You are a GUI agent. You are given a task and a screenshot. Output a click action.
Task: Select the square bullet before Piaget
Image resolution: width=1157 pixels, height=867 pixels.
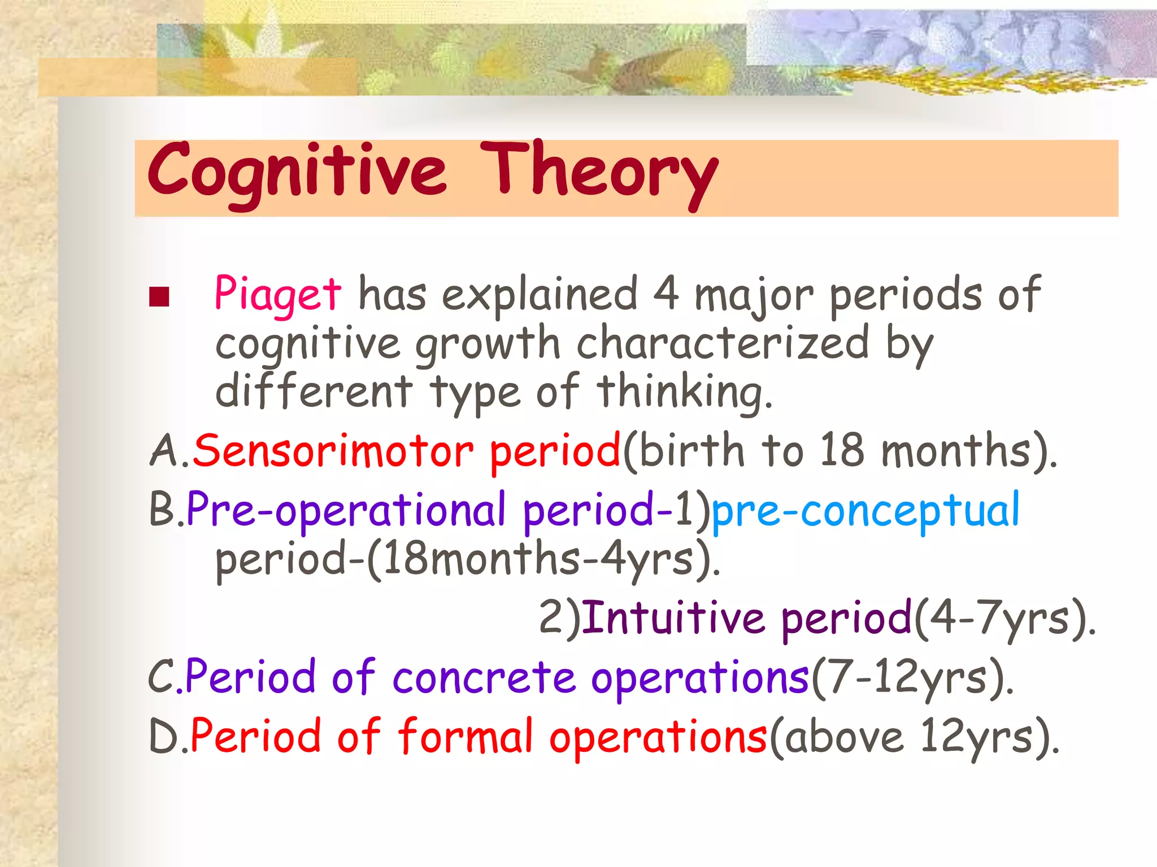click(160, 297)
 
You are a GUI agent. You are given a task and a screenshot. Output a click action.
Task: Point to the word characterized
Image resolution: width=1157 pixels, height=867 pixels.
click(723, 344)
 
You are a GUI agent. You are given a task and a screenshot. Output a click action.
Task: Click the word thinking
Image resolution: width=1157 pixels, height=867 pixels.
click(684, 392)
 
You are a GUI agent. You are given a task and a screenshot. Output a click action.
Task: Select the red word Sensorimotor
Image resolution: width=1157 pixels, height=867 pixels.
click(333, 452)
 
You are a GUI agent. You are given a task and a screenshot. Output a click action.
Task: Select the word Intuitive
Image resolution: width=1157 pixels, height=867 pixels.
click(673, 618)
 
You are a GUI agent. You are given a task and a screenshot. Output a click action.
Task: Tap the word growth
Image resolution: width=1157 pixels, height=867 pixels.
click(488, 345)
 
